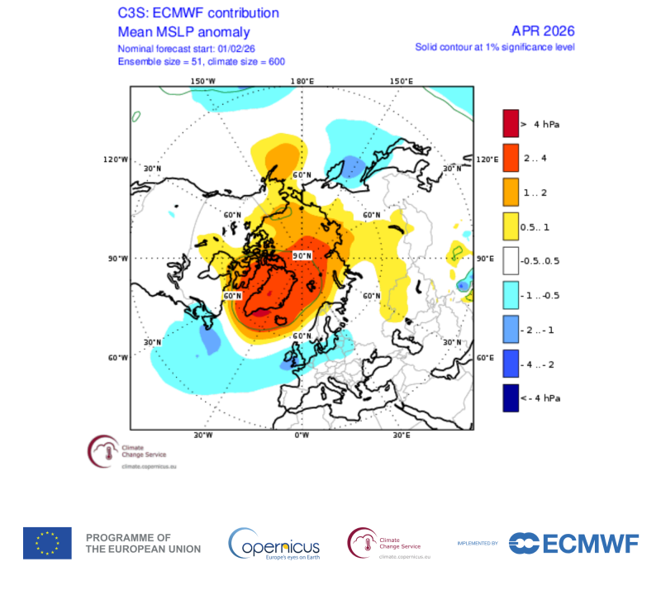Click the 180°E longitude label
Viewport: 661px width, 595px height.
pos(302,81)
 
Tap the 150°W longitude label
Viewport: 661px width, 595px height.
pos(203,81)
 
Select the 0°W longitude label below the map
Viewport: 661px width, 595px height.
pos(302,435)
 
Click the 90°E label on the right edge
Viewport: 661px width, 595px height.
pos(485,259)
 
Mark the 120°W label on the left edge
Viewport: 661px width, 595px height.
pos(117,159)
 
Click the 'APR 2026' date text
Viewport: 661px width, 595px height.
pos(543,31)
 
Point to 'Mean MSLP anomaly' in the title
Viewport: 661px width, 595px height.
pos(183,32)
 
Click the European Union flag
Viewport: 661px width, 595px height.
pos(47,543)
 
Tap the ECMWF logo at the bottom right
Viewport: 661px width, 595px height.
pos(574,543)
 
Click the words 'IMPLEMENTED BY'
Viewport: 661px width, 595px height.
pos(478,543)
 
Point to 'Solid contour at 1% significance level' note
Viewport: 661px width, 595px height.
pos(494,47)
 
